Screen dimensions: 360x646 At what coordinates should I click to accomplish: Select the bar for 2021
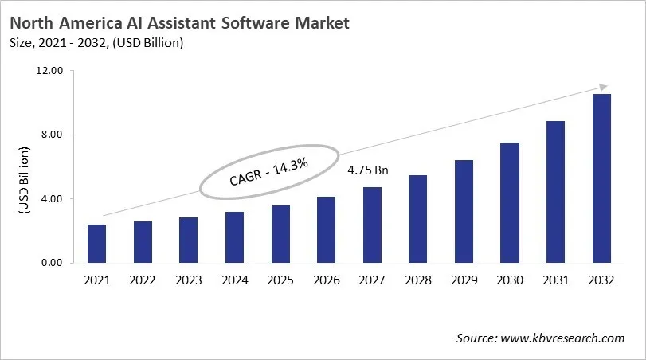[96, 244]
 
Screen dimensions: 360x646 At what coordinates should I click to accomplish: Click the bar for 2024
[234, 237]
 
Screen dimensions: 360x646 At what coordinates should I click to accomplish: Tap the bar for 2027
[372, 225]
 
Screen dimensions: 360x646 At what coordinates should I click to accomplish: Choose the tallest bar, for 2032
[601, 178]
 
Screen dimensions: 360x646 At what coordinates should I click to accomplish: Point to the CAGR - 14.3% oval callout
[269, 172]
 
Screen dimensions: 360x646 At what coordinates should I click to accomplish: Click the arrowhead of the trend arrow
[603, 87]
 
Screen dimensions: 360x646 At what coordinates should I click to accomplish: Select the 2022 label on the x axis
[143, 280]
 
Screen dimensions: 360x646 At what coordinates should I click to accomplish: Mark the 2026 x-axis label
[326, 280]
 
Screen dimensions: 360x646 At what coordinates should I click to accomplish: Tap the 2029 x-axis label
[464, 280]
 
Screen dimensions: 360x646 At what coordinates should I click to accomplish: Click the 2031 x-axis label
[555, 280]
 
